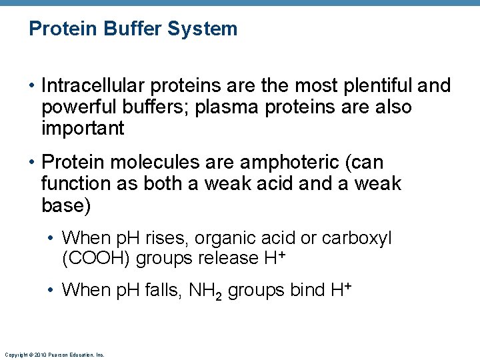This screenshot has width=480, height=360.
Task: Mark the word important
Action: [x=83, y=129]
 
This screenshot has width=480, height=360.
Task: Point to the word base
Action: [x=64, y=205]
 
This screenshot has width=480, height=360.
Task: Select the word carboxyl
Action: [x=357, y=238]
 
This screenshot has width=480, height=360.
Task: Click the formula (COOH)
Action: [x=96, y=257]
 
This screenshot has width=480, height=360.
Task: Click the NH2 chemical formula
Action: [x=206, y=291]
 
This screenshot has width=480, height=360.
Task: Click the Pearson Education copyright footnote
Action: [x=54, y=355]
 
